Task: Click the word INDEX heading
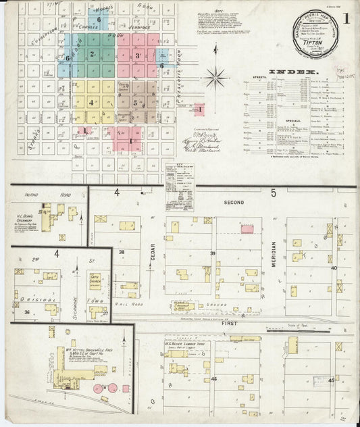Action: [293, 71]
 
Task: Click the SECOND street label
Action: [234, 201]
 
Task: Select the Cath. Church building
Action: [95, 279]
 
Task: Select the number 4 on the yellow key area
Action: [91, 102]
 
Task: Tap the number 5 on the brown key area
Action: [135, 103]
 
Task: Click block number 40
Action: [333, 268]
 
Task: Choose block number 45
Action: [331, 380]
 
